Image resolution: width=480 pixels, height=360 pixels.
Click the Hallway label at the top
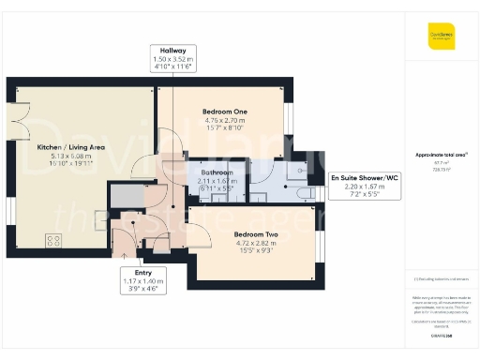click(x=171, y=51)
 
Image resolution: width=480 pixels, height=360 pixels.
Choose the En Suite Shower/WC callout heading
click(x=365, y=177)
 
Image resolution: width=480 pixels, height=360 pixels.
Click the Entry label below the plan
click(x=144, y=273)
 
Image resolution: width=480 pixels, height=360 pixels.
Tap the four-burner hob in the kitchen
click(x=54, y=241)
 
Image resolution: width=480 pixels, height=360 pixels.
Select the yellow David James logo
click(x=441, y=38)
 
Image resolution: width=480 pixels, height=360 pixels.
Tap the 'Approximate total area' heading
click(x=441, y=155)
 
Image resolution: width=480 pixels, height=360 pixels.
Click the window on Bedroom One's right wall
click(x=288, y=117)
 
